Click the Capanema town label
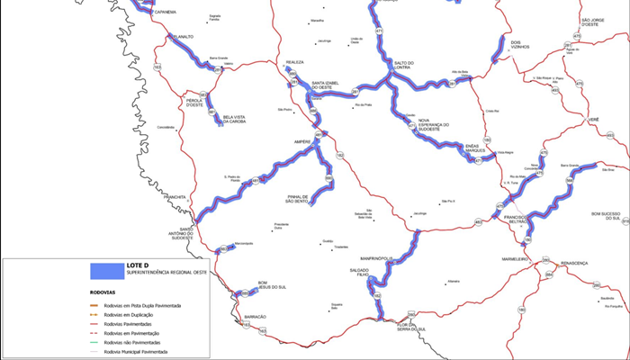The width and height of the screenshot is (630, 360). pyautogui.click(x=166, y=13)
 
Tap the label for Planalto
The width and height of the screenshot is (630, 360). pyautogui.click(x=183, y=37)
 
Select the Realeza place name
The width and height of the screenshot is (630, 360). pyautogui.click(x=295, y=62)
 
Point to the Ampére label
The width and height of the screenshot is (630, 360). pyautogui.click(x=301, y=141)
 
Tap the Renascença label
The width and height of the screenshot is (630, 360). pyautogui.click(x=573, y=263)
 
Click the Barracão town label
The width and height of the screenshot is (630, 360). pyautogui.click(x=255, y=317)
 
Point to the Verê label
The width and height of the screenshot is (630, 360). pyautogui.click(x=593, y=120)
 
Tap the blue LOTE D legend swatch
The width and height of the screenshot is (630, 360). pyautogui.click(x=107, y=269)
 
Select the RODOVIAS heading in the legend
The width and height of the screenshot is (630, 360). pyautogui.click(x=103, y=292)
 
